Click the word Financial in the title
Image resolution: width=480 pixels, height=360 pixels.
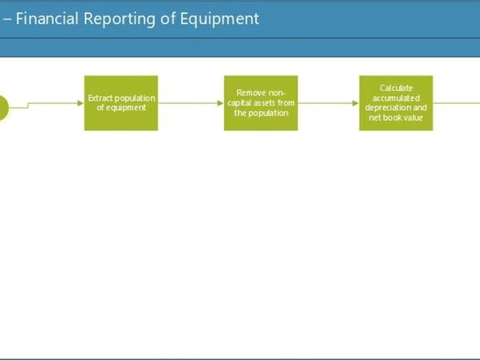point(47,19)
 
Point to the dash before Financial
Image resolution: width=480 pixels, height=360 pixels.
point(7,19)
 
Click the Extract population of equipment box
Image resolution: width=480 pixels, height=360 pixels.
point(121,103)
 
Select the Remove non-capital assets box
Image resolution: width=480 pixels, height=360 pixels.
point(261,103)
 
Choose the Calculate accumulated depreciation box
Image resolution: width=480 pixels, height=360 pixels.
point(396,103)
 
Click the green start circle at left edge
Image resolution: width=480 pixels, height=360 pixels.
point(2,108)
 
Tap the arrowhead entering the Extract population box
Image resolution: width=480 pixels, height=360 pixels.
point(81,103)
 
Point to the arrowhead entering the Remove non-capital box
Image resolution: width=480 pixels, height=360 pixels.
point(221,103)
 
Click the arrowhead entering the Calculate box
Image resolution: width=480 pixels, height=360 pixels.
point(356,103)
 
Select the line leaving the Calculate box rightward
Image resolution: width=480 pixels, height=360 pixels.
point(456,103)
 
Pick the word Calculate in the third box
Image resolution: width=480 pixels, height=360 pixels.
point(396,88)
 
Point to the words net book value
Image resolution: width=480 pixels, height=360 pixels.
point(396,118)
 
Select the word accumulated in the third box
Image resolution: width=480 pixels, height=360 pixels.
point(396,98)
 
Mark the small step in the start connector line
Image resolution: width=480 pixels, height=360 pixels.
point(28,105)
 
